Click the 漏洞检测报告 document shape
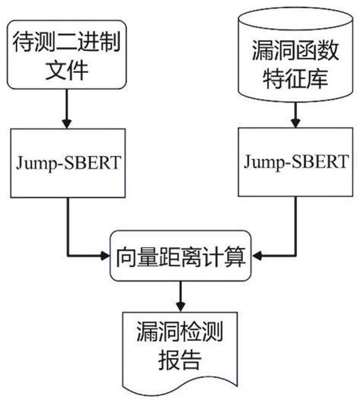(180, 347)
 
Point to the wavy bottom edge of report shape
(180, 384)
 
